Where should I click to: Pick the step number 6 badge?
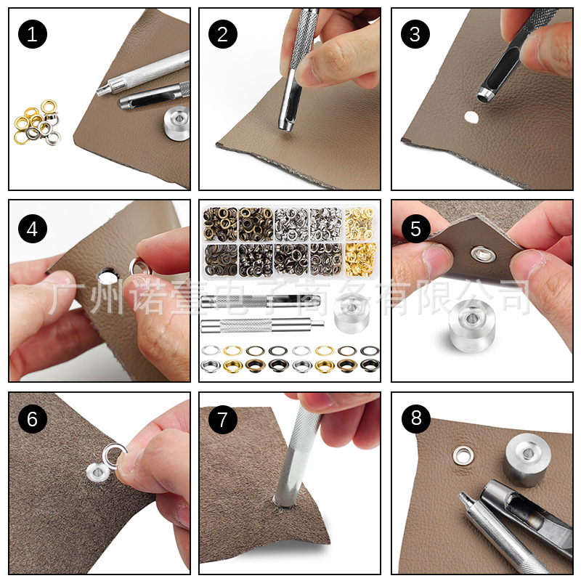pos(32,419)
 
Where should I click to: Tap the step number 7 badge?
pos(223,419)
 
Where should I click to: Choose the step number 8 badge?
pos(415,419)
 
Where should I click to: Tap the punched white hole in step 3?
pos(471,116)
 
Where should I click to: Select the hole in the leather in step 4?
pos(107,275)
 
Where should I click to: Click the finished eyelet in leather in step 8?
pos(462,455)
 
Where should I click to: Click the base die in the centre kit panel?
pos(352,309)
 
